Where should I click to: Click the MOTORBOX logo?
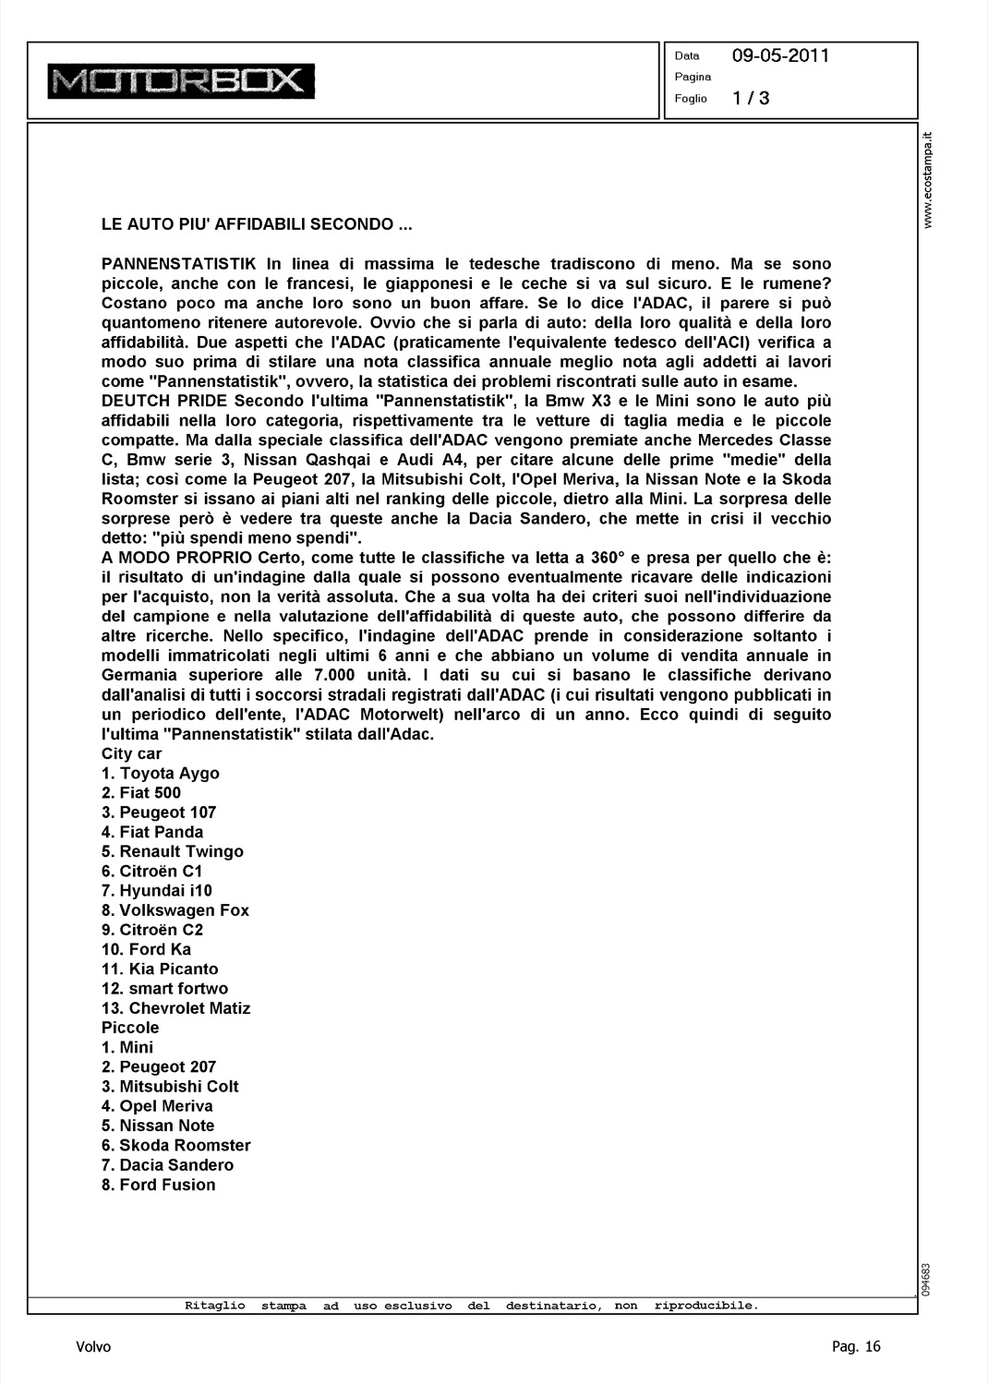point(181,81)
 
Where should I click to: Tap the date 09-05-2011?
point(780,55)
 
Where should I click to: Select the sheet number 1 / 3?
point(751,98)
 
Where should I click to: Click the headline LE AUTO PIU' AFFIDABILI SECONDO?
point(256,224)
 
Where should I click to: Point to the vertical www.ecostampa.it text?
point(930,181)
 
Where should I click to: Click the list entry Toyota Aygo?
point(161,774)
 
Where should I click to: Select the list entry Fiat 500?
point(141,793)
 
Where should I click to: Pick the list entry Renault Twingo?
point(173,851)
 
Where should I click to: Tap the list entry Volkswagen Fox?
point(175,910)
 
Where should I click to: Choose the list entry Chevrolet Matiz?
point(176,1008)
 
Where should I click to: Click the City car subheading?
point(131,753)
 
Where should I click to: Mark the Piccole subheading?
point(130,1028)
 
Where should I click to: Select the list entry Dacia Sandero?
point(167,1165)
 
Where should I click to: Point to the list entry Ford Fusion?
point(158,1185)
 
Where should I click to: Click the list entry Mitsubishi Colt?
point(170,1087)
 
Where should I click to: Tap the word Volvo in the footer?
point(93,1347)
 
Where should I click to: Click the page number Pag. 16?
point(856,1347)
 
